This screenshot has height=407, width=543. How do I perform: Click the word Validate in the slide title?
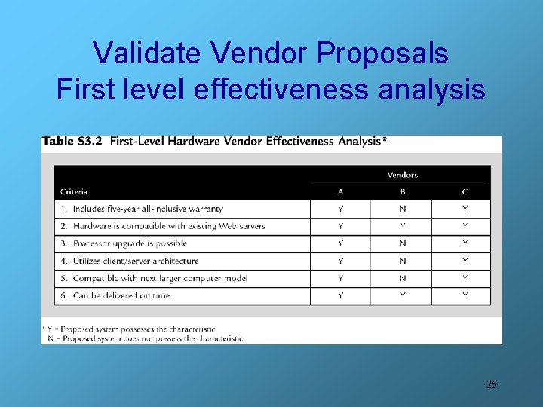tap(147, 54)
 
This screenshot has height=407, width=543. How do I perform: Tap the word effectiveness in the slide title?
tap(281, 90)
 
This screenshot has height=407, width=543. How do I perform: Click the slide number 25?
tap(492, 384)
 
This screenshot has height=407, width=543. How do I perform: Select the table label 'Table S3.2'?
tap(72, 141)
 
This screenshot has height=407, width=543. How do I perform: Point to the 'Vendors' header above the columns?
tap(402, 175)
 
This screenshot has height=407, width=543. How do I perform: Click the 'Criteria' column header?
tap(75, 191)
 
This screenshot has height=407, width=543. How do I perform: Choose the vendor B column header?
tap(403, 191)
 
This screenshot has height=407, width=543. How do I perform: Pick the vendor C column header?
tap(465, 191)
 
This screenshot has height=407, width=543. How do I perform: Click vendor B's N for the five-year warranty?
tap(403, 209)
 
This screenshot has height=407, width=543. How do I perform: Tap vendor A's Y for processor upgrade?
tap(341, 243)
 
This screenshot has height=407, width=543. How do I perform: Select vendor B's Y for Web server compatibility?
tap(403, 226)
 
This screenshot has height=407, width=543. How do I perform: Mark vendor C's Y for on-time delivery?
tap(465, 296)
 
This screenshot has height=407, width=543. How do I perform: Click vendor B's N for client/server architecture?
tap(403, 261)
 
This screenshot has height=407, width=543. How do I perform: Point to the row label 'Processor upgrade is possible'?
tap(129, 243)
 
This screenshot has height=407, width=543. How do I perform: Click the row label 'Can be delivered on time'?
tap(121, 296)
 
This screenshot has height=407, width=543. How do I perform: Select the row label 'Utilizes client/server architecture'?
tap(136, 261)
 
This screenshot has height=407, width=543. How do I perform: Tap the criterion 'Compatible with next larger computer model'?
tap(160, 278)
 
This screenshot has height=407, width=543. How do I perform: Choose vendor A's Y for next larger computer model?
tap(341, 278)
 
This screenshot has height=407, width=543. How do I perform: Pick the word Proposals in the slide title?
tap(382, 54)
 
